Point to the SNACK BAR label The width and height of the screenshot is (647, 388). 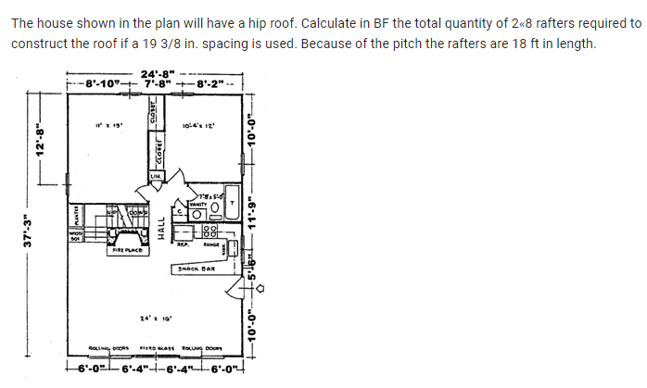point(195,269)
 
